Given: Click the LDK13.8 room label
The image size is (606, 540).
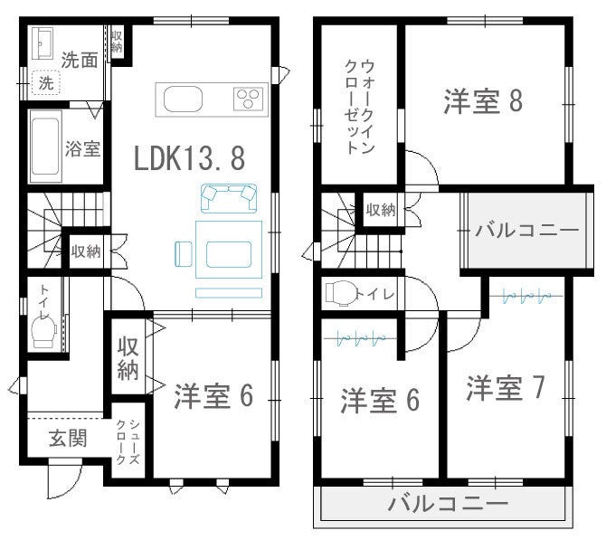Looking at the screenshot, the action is pos(189,158).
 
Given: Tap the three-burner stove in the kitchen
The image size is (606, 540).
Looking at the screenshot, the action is pos(248,99).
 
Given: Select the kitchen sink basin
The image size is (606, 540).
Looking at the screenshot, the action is pos(183,99).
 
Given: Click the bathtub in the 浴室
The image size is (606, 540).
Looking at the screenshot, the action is pos(45,147).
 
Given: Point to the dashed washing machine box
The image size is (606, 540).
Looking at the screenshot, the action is pos(46,82).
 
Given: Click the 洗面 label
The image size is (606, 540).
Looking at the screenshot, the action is pos(80,61).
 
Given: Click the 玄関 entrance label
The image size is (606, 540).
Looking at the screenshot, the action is pos(68,439).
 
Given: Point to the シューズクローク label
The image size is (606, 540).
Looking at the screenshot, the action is pos(128,442).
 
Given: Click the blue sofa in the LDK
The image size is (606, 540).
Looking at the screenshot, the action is pos(229,198).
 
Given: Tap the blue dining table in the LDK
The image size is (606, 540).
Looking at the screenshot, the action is pos(229,250).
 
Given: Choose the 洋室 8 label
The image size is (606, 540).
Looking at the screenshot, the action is pos(483,101).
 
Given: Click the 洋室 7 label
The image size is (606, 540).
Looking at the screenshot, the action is pos(506,388).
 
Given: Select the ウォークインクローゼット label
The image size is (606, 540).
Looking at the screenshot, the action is pos(359,108).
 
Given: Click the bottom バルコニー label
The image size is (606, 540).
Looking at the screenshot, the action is pos(448,503).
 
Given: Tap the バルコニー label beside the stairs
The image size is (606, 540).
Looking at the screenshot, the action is pos(527,231).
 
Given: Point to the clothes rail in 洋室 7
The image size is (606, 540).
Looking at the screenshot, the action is pos(526,297).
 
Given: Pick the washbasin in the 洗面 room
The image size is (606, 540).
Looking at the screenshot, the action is pos(43,43).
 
